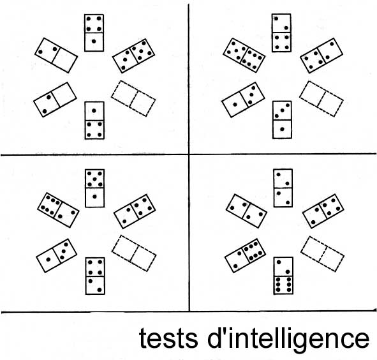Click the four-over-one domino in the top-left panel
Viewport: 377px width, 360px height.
click(94, 33)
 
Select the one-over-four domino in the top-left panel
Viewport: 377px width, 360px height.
click(94, 121)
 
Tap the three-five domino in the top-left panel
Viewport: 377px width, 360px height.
click(133, 56)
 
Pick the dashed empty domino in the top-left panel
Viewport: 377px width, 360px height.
click(133, 98)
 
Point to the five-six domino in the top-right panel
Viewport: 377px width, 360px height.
click(244, 55)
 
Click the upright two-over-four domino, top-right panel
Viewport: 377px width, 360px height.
click(281, 33)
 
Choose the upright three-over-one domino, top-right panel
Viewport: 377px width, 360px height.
click(282, 119)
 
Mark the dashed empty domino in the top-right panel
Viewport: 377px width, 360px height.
click(322, 99)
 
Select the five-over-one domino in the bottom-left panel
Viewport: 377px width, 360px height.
click(95, 188)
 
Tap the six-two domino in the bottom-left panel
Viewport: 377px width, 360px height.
click(58, 210)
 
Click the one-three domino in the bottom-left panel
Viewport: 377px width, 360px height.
click(57, 255)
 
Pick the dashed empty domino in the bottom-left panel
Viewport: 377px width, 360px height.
click(134, 253)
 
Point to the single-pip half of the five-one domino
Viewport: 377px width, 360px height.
click(95, 197)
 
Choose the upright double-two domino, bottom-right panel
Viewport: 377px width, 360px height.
click(283, 188)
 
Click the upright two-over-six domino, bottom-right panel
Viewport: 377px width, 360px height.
click(283, 276)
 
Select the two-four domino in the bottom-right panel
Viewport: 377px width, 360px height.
click(323, 211)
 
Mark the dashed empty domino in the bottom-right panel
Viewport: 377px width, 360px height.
click(322, 254)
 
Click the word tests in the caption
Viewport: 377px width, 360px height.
click(168, 339)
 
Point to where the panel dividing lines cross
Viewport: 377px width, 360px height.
click(189, 154)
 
